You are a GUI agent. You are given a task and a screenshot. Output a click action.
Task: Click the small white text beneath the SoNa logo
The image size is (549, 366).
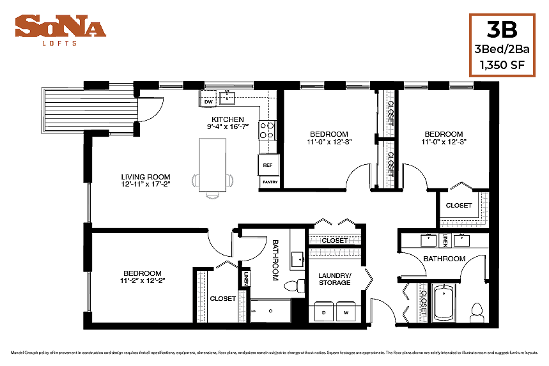59,43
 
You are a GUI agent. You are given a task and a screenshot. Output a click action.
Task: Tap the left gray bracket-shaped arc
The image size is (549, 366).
195,181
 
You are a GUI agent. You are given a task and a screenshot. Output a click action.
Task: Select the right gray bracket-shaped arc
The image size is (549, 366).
230,181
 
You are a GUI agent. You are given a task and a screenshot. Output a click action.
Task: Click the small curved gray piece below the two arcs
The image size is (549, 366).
212,196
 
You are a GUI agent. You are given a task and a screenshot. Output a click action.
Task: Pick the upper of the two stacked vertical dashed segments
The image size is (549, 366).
390,113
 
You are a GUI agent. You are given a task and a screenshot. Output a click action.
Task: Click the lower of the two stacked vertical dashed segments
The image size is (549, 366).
390,164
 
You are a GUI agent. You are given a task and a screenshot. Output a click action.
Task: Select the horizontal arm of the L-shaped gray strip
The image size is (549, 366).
460,224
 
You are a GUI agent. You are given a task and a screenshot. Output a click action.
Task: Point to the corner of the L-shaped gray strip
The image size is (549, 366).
484,224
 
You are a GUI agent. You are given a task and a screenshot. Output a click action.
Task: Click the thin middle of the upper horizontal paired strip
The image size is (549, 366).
335,241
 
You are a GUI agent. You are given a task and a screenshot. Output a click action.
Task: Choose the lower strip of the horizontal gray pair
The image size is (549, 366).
335,252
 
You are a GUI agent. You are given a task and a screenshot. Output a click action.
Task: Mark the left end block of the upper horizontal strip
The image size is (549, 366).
316,241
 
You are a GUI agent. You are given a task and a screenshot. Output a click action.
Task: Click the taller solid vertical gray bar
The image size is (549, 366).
201,296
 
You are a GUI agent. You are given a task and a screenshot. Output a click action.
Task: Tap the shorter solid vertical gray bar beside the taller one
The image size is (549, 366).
243,306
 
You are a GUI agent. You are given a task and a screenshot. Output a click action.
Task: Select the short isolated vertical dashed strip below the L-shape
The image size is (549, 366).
423,303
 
